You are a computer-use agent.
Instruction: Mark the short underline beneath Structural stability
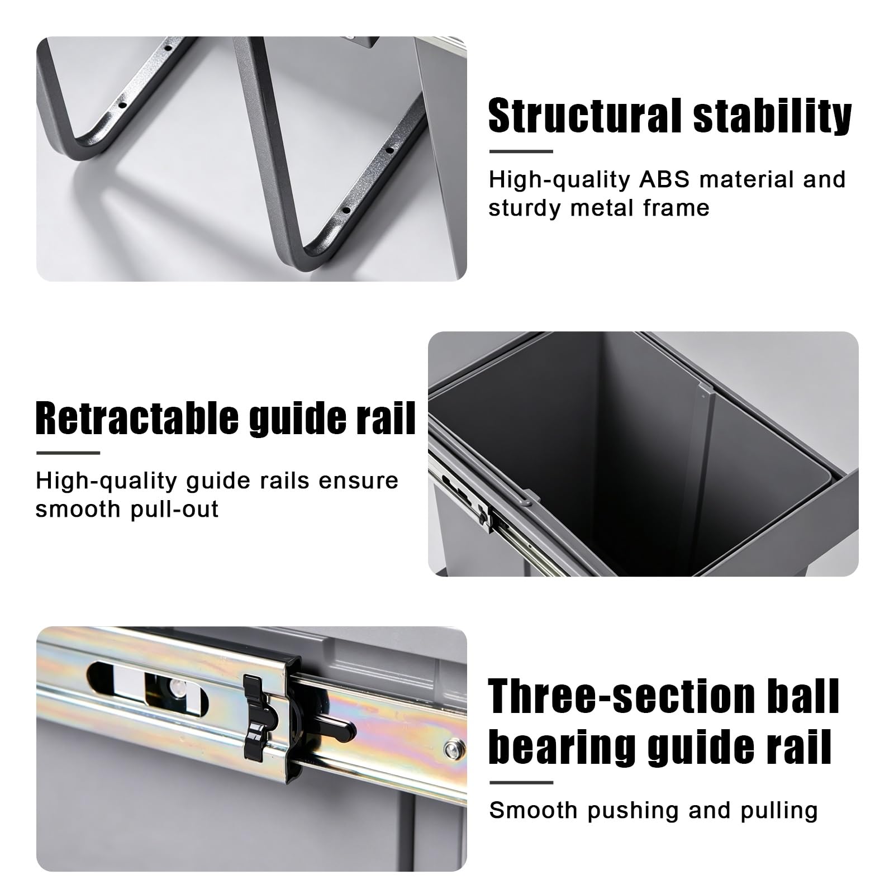(x=521, y=151)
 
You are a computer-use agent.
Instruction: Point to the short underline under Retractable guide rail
(x=68, y=453)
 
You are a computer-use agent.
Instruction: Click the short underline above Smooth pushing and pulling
(x=521, y=783)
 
